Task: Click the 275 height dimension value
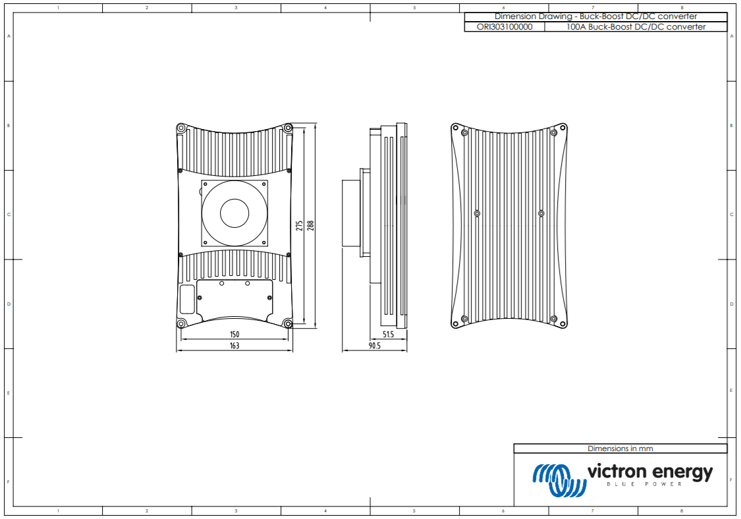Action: (x=300, y=225)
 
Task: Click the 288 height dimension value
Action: (x=310, y=225)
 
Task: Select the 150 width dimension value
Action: (x=234, y=335)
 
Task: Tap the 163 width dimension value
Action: (x=234, y=346)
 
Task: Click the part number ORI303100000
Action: (x=505, y=27)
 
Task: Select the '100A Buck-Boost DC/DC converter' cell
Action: (x=636, y=27)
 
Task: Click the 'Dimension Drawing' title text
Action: (x=595, y=16)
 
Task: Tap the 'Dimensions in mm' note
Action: (x=620, y=449)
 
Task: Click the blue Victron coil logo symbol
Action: (x=559, y=479)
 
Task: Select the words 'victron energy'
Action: (x=649, y=472)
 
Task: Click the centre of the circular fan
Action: (x=234, y=214)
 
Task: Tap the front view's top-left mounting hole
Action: (x=181, y=128)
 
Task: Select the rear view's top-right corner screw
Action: (x=553, y=133)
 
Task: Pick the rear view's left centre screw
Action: (x=477, y=213)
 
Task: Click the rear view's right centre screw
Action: (x=541, y=213)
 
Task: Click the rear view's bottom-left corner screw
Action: (x=465, y=319)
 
